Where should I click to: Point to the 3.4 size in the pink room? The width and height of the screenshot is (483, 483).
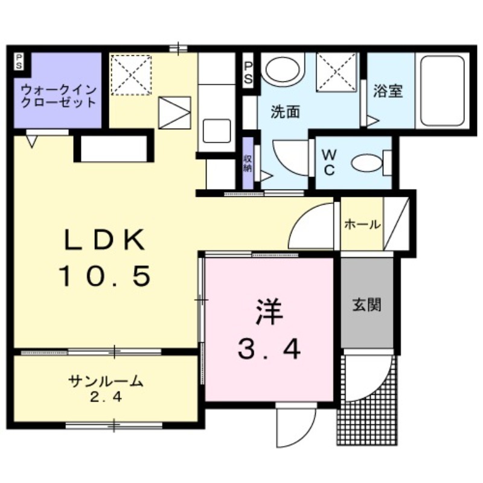click(269, 348)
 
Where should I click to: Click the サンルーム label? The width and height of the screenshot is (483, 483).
click(106, 381)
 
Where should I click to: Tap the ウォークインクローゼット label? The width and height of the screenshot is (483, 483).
click(58, 96)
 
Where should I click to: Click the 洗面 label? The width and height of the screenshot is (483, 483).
click(285, 112)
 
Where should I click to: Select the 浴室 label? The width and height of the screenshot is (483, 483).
click(388, 92)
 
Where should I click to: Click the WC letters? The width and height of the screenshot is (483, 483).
click(330, 162)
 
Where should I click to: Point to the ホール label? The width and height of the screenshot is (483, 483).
click(362, 225)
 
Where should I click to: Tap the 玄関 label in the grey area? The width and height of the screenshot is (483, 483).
click(367, 304)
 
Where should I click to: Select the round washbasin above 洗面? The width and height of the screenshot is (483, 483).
click(283, 71)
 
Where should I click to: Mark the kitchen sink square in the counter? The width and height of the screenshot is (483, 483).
click(216, 129)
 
